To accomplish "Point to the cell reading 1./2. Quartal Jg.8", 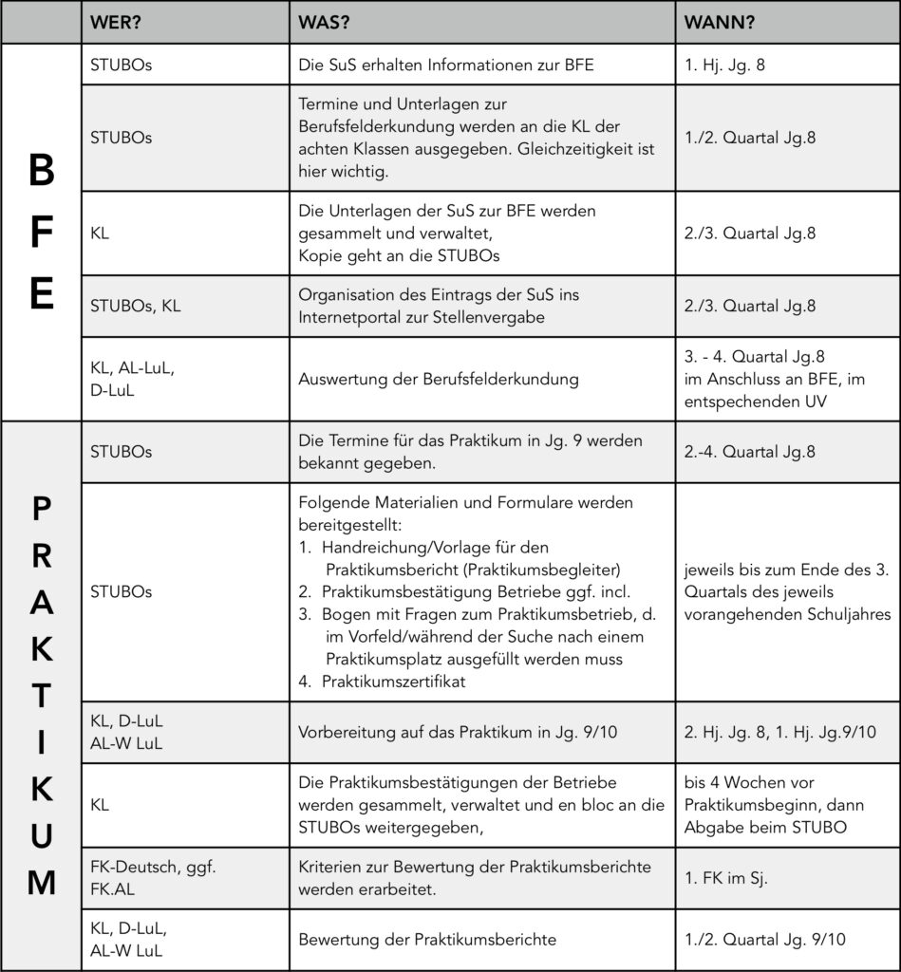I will point(750,138).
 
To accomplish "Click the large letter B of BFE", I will point(41,172).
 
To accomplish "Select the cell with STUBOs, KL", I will point(135,306).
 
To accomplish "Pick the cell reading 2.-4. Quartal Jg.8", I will point(749,452).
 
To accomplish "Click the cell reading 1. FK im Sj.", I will point(726,878).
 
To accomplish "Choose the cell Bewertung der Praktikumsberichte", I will point(426,940).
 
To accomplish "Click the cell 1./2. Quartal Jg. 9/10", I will point(763,940).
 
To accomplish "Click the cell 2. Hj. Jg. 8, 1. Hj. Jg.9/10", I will point(779,732).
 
